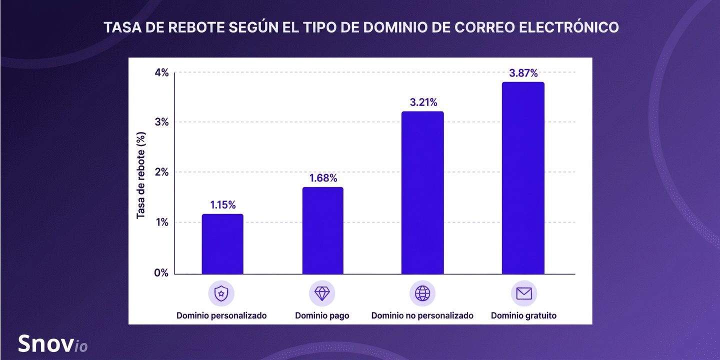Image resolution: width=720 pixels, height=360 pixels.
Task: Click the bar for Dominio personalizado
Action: point(222,244)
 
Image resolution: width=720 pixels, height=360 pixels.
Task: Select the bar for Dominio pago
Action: point(322,230)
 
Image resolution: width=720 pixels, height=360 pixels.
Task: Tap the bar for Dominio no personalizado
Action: point(422,192)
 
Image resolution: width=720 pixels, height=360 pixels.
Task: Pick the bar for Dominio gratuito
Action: point(523,178)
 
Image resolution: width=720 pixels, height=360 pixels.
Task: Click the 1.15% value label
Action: point(223,205)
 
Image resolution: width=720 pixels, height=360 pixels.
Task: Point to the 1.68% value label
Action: point(323,178)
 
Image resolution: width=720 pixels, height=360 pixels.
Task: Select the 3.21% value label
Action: point(423,102)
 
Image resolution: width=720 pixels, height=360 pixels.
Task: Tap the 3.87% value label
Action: point(523,73)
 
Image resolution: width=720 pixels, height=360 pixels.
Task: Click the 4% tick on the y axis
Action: point(161,72)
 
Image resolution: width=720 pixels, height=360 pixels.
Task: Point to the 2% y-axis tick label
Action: point(161,172)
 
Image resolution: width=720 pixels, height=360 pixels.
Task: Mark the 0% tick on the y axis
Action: point(161,273)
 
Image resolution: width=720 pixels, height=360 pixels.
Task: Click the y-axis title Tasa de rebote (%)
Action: point(141,175)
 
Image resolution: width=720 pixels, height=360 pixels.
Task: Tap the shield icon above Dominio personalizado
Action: point(221,293)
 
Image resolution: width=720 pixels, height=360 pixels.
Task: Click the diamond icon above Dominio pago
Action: point(322,293)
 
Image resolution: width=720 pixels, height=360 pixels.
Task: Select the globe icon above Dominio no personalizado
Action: point(422,293)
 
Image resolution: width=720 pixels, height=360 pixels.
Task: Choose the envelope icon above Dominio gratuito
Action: point(524,293)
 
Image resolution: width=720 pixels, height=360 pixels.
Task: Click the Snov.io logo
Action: point(52,343)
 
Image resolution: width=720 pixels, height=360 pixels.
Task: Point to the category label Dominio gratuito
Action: point(523,315)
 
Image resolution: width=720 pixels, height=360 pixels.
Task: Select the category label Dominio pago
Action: point(322,316)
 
